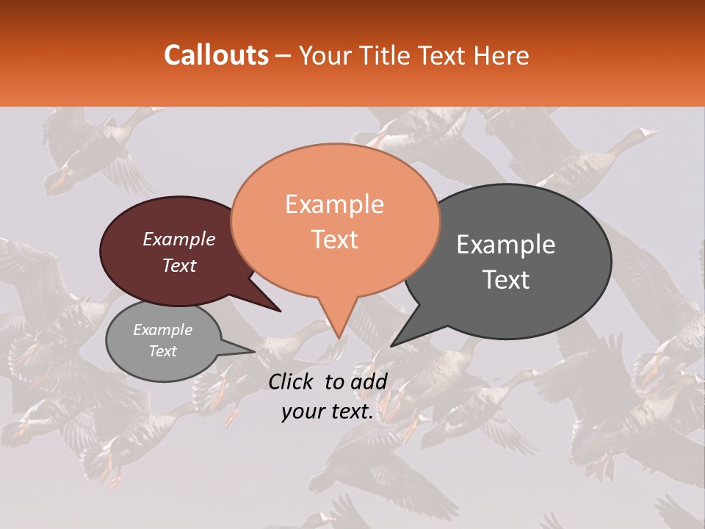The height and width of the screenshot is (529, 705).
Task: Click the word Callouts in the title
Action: (216, 55)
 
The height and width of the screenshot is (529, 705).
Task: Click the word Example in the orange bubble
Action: (334, 204)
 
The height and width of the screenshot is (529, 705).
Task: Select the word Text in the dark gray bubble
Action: (506, 280)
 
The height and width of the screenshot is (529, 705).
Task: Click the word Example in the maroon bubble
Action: (179, 240)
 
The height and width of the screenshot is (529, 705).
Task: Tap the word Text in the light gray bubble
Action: (163, 351)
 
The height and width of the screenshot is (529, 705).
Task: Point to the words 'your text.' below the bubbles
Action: (327, 412)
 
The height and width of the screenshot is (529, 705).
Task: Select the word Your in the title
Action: (322, 55)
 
